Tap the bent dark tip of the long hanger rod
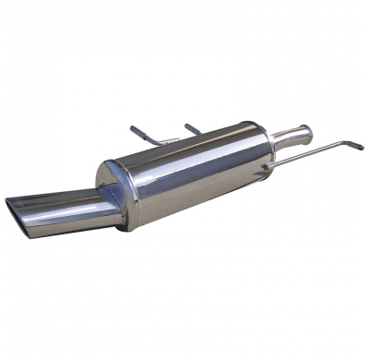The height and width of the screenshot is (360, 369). (355, 146)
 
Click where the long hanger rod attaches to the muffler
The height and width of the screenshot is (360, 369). (268, 167)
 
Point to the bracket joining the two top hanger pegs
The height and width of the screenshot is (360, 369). (167, 140)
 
